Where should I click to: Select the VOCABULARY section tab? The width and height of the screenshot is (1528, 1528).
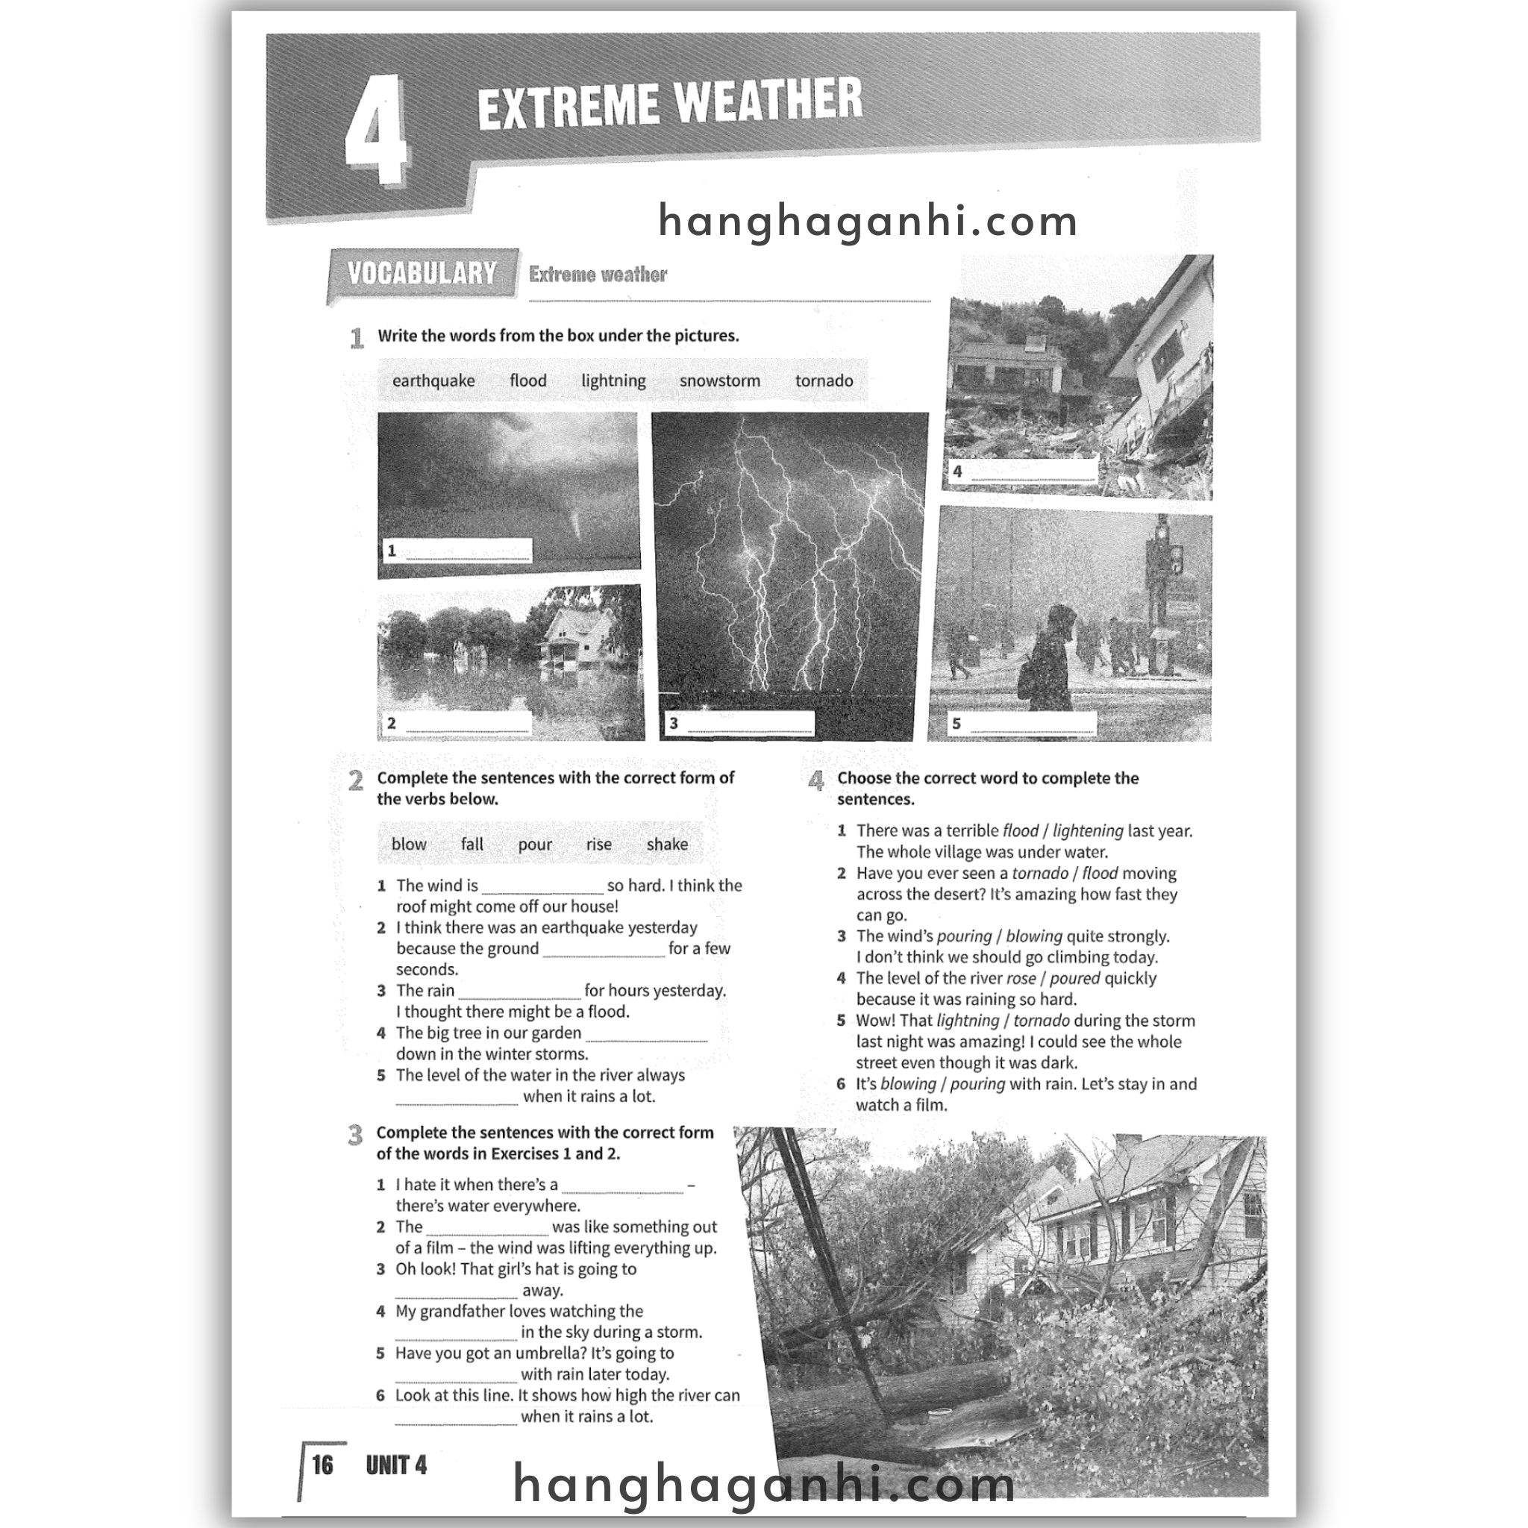coord(422,274)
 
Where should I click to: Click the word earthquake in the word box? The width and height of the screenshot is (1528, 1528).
coord(433,381)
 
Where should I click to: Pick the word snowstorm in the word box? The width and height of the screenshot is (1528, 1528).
coord(720,381)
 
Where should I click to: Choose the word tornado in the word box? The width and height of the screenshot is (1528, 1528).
coord(824,381)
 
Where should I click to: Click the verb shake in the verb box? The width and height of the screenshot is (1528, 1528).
coord(667,845)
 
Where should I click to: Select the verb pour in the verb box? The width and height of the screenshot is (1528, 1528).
coord(535,845)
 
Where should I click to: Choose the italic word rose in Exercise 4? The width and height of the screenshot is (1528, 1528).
coord(1021,979)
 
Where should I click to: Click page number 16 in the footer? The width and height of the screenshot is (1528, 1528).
coord(322,1465)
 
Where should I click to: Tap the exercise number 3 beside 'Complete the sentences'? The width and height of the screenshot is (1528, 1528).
coord(355,1136)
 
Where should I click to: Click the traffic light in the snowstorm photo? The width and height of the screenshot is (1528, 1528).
coord(1175,560)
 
